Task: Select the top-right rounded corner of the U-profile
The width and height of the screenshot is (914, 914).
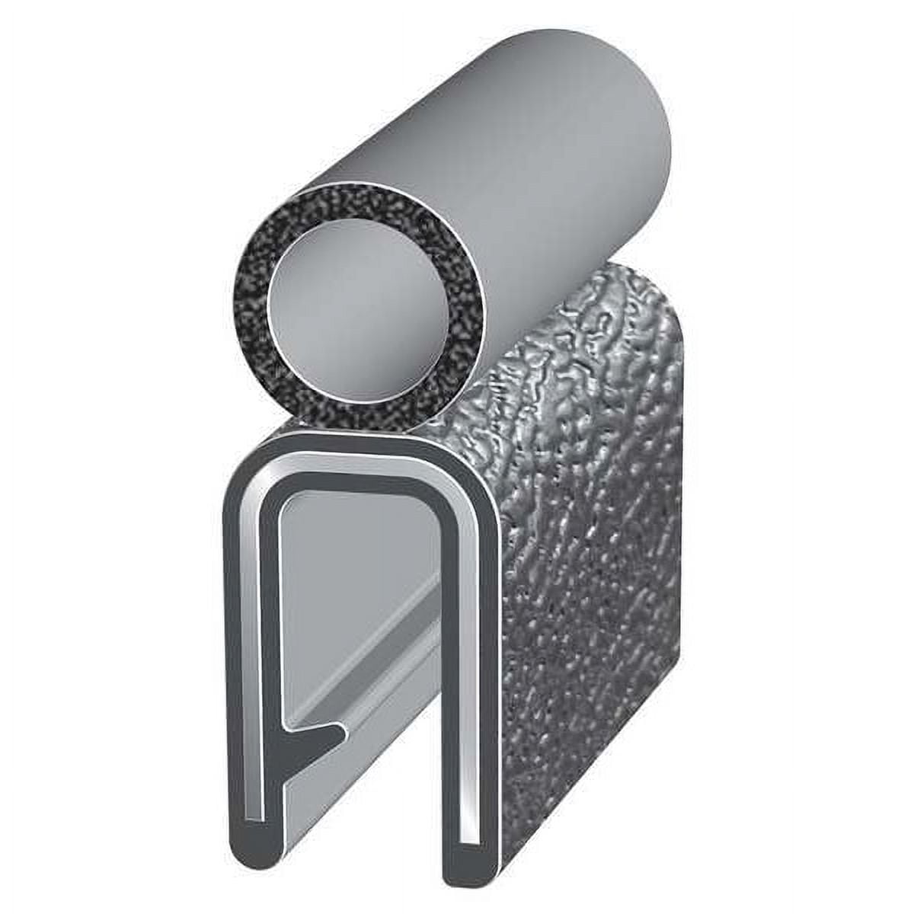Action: point(468,472)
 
